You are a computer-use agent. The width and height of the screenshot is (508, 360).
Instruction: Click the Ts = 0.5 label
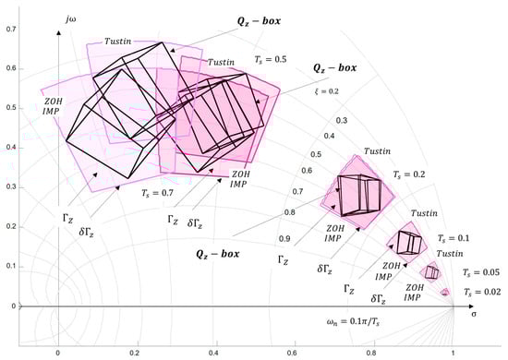click(x=271, y=60)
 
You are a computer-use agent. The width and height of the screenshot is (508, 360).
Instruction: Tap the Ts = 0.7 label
click(x=157, y=193)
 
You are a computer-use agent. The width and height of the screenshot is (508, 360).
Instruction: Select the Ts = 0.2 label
click(x=409, y=174)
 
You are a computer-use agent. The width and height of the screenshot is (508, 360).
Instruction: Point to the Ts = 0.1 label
click(x=454, y=238)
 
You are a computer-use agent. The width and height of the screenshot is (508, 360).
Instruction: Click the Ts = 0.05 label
click(x=481, y=272)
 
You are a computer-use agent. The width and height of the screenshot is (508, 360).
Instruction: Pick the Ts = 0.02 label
click(x=482, y=292)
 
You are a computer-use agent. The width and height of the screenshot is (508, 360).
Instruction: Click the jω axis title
click(x=71, y=19)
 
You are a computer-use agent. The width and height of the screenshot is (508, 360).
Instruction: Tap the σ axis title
click(x=474, y=314)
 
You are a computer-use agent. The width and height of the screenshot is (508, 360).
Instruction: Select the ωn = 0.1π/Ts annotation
click(x=353, y=322)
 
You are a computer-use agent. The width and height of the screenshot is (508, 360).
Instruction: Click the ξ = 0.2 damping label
click(x=327, y=91)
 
